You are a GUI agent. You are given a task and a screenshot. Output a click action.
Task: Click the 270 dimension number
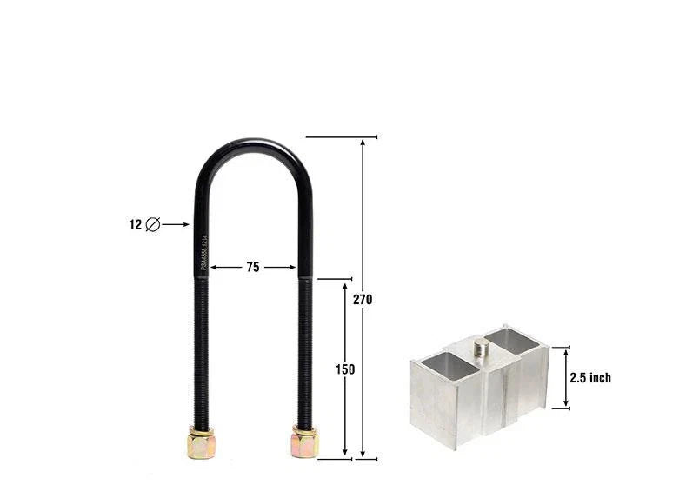tap(363, 299)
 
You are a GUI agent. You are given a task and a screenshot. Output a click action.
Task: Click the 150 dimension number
tap(345, 369)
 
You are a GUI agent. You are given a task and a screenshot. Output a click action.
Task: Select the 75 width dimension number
tap(252, 268)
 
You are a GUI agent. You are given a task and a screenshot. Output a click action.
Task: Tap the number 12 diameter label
tap(135, 224)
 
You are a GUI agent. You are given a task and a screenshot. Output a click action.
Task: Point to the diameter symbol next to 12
tap(153, 224)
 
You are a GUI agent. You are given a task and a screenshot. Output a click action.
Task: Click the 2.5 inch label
tap(590, 377)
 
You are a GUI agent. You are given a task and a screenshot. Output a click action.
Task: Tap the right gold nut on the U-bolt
tap(304, 442)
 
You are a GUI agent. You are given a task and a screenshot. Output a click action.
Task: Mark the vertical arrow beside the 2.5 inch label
tap(566, 377)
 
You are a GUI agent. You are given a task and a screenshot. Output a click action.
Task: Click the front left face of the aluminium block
tap(432, 408)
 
